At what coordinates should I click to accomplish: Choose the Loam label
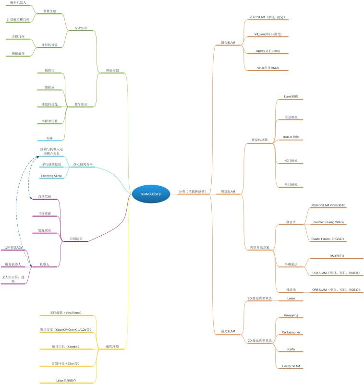point(291,298)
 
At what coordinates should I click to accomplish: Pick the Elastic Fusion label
point(328,239)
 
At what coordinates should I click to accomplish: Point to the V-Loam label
point(267,35)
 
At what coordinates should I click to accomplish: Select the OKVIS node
point(267,51)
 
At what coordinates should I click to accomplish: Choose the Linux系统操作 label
point(66,380)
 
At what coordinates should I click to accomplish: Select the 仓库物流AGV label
point(13,247)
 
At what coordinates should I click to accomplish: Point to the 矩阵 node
point(49,138)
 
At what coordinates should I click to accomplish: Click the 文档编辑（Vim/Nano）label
point(66,312)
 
